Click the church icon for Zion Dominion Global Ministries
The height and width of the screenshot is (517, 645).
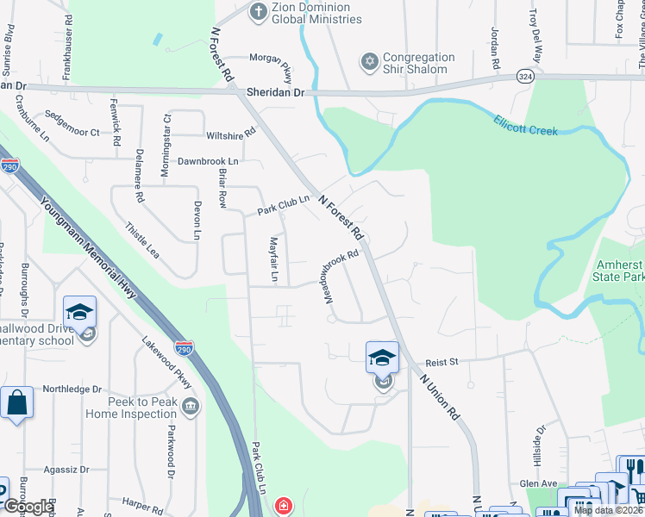[257, 12]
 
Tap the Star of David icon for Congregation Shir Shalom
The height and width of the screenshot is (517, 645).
[370, 62]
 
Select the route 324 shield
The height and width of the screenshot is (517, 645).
[524, 76]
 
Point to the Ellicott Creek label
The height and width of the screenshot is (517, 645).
[526, 126]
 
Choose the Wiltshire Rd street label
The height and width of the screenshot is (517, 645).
[231, 134]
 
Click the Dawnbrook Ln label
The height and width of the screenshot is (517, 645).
[208, 161]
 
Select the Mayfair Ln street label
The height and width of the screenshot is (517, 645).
[273, 258]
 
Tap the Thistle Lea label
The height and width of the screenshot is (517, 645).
[142, 240]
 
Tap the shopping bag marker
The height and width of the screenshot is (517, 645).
[16, 403]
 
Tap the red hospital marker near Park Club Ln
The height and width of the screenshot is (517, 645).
[283, 506]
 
